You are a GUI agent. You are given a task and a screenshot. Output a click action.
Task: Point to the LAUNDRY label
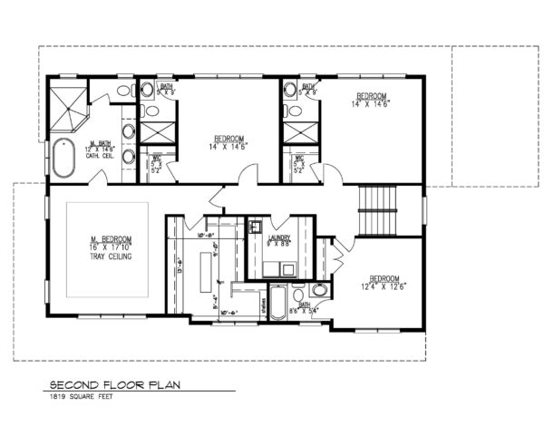(280, 238)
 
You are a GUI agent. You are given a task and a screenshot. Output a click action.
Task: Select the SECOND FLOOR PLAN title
(115, 384)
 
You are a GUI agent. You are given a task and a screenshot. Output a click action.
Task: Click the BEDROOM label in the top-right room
(372, 96)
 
